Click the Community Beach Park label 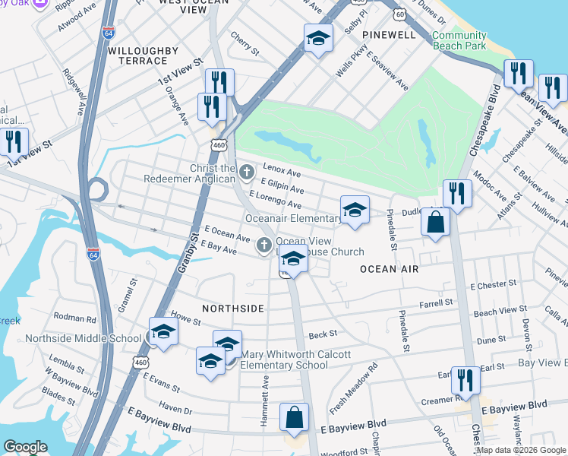click(x=459, y=40)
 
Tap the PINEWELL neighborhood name click(x=389, y=35)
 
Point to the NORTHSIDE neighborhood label click(x=233, y=308)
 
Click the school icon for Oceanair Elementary click(x=355, y=211)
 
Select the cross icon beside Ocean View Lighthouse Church click(x=263, y=244)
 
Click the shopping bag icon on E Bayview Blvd click(x=294, y=417)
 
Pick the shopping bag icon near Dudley click(x=435, y=223)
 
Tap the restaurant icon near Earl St click(x=465, y=381)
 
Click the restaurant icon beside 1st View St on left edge click(x=13, y=142)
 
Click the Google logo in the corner click(x=25, y=447)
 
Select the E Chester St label click(x=493, y=285)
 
